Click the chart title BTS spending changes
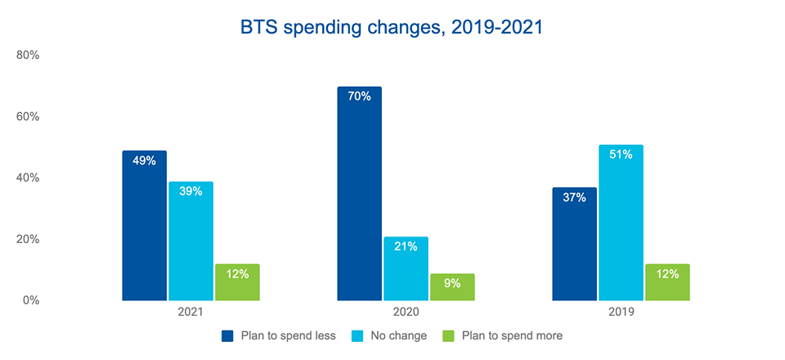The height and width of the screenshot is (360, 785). click(x=392, y=27)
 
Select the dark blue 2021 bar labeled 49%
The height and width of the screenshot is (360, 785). click(x=144, y=226)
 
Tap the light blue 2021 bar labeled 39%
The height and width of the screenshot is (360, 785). click(x=191, y=241)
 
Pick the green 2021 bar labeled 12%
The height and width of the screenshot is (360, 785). click(x=237, y=282)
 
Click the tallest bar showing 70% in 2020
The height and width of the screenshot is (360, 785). click(x=359, y=194)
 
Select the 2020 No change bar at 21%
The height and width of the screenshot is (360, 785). click(x=406, y=269)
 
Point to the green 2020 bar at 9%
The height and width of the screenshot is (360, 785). click(x=452, y=287)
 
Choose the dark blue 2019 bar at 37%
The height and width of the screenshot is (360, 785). click(x=574, y=244)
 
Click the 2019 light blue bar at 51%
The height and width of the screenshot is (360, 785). click(x=621, y=223)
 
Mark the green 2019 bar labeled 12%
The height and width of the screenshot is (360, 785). click(x=667, y=282)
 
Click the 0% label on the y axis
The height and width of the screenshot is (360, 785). click(x=30, y=300)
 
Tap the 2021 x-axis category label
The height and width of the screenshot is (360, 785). click(x=191, y=313)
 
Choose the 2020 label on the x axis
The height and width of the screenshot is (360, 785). click(x=406, y=313)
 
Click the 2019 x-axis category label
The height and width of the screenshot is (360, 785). click(x=621, y=313)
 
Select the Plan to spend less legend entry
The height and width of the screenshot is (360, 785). click(x=278, y=335)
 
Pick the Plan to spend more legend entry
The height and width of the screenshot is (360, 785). click(x=501, y=335)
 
